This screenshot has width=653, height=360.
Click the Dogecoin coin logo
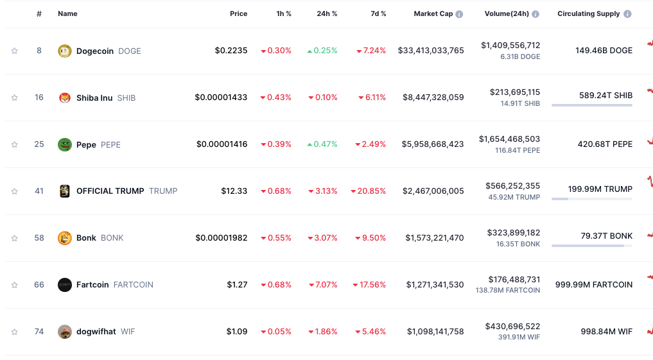click(65, 51)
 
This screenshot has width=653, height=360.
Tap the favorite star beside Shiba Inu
click(15, 98)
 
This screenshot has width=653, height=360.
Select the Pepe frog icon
click(65, 144)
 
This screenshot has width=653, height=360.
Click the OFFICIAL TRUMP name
click(110, 191)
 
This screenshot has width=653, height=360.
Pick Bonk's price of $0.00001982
click(222, 238)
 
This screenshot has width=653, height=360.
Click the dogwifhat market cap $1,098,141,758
click(435, 332)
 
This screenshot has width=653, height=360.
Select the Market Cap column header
click(433, 14)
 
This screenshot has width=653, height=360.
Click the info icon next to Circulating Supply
click(627, 14)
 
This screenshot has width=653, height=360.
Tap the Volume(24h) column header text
click(507, 14)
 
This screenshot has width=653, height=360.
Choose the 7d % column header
click(378, 14)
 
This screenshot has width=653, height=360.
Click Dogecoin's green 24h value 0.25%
click(322, 51)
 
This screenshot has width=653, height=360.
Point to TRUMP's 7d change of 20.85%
click(369, 191)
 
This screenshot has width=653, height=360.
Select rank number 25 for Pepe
click(39, 144)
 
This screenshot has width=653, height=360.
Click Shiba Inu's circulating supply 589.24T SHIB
click(605, 95)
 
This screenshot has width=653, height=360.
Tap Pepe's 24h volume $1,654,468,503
click(509, 139)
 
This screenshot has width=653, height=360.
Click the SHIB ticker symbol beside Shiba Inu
click(126, 98)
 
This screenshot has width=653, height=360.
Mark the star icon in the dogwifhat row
click(15, 332)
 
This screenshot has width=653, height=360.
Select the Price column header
click(238, 14)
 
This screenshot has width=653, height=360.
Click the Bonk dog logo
click(65, 238)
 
